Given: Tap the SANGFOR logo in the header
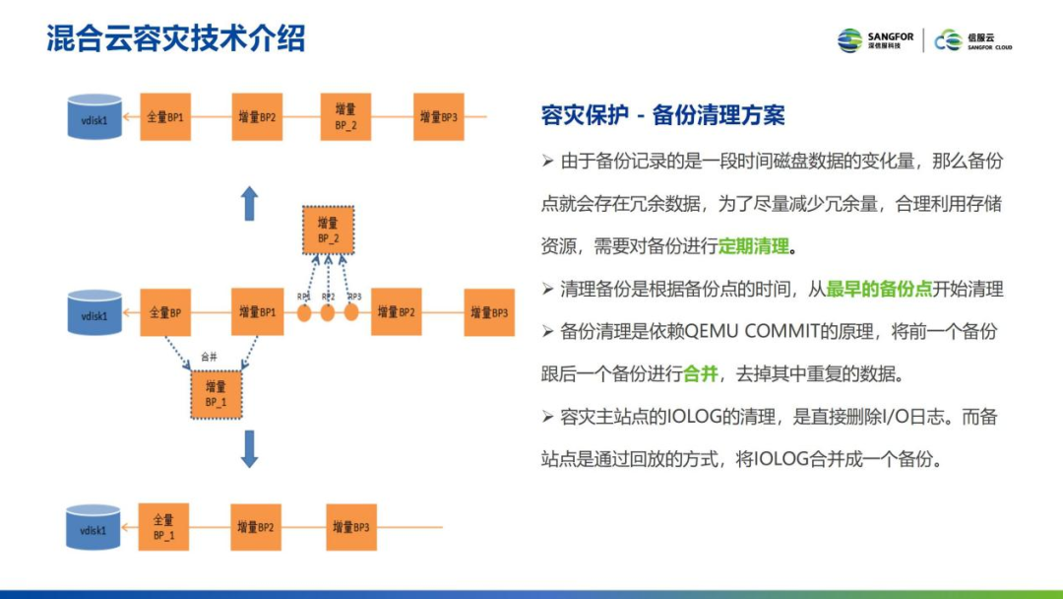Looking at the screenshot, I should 876,40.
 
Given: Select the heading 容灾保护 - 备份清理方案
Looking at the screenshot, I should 663,115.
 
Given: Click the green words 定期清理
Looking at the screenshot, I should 754,246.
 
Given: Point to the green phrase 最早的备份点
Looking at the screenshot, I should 879,289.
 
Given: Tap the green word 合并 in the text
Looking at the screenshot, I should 700,374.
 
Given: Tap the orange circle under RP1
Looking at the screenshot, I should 305,313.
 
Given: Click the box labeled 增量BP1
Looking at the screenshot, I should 257,312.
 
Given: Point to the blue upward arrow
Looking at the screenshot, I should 250,204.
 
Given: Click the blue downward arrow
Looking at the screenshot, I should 250,448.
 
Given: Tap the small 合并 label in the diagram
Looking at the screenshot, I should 208,357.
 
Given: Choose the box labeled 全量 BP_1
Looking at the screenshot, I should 163,527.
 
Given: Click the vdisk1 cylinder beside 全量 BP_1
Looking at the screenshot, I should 94,528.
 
